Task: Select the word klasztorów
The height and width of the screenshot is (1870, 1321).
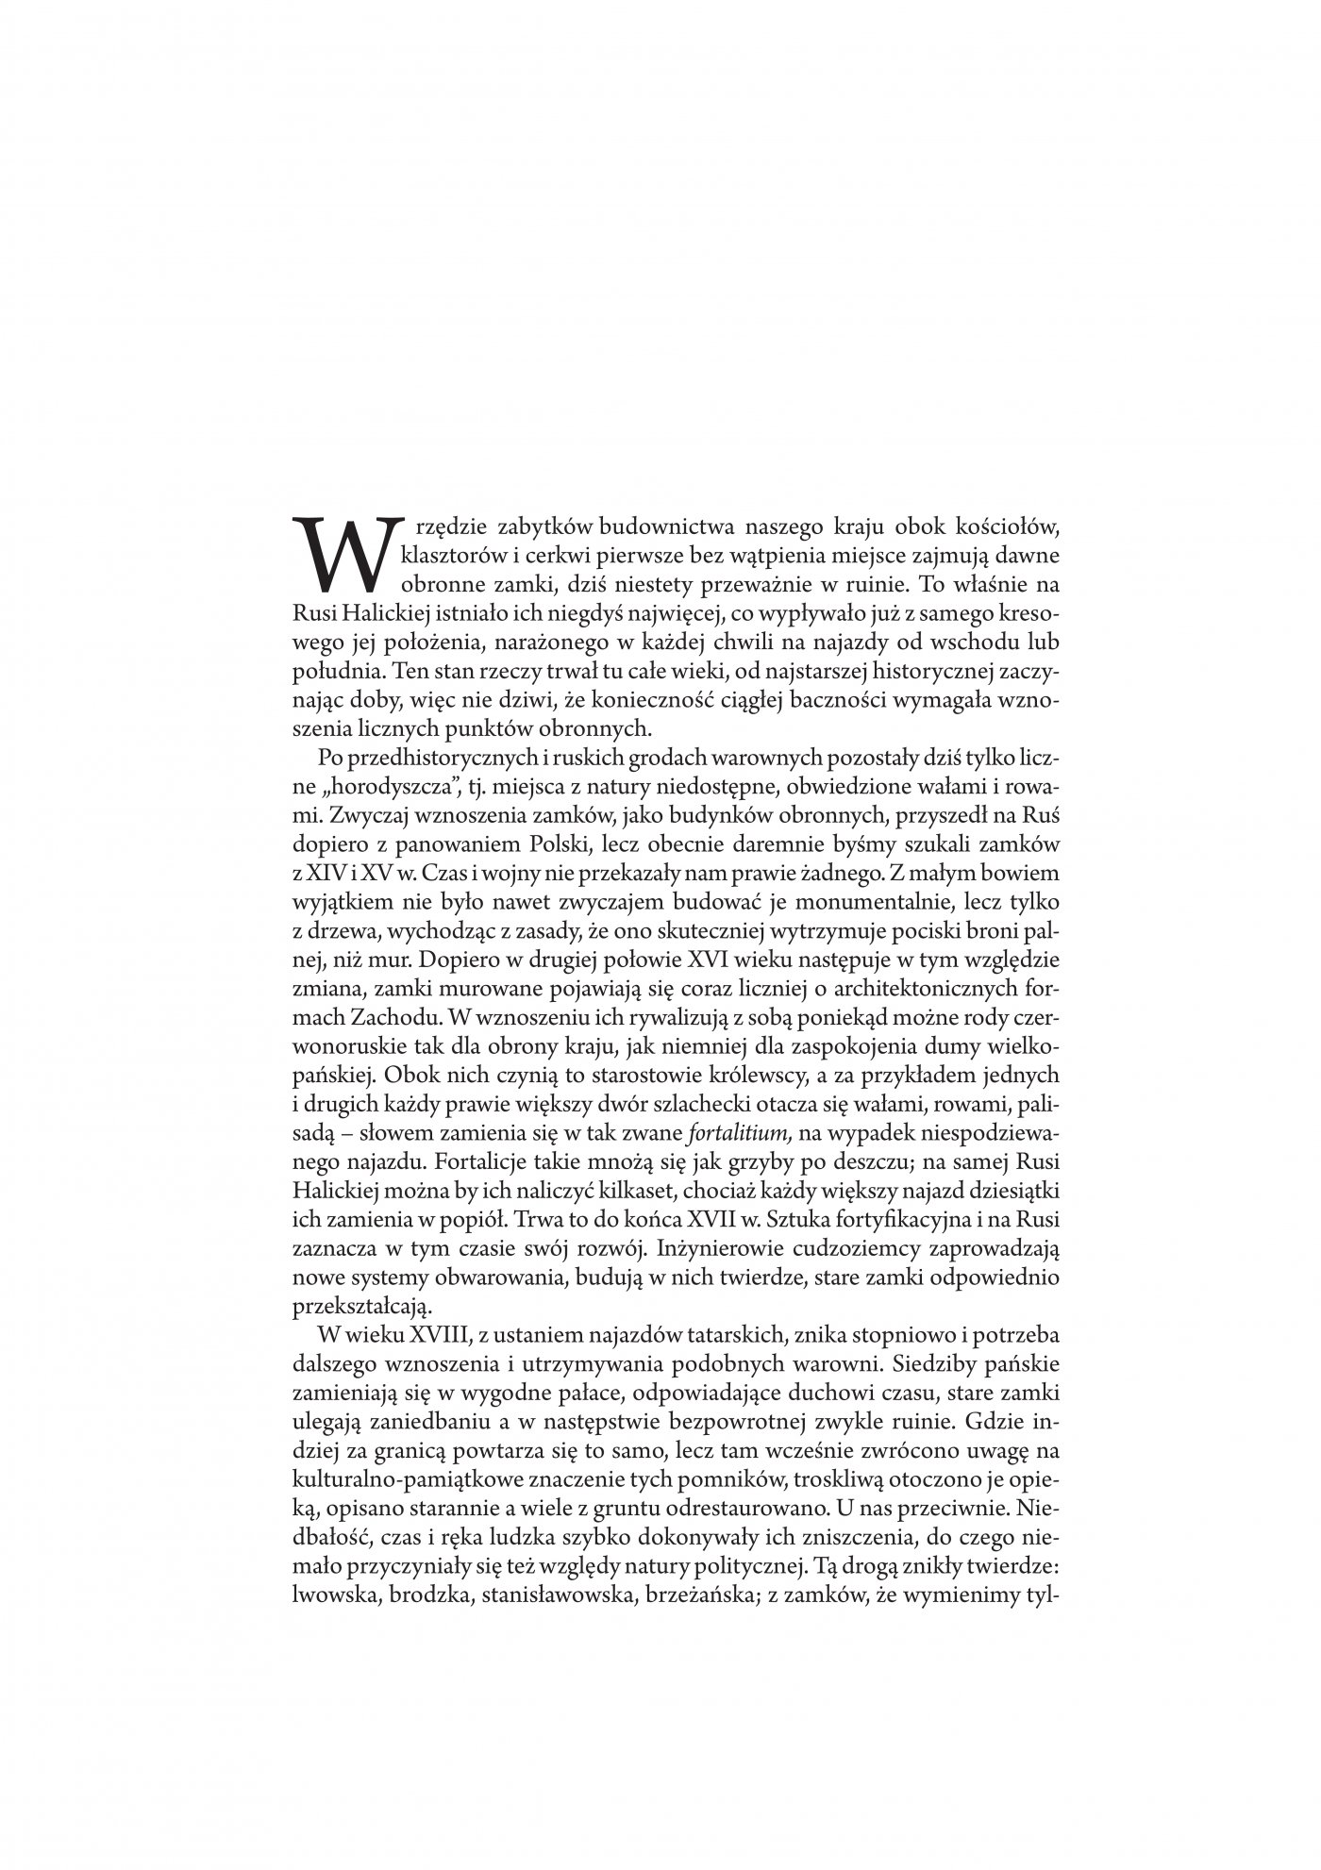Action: click(446, 553)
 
